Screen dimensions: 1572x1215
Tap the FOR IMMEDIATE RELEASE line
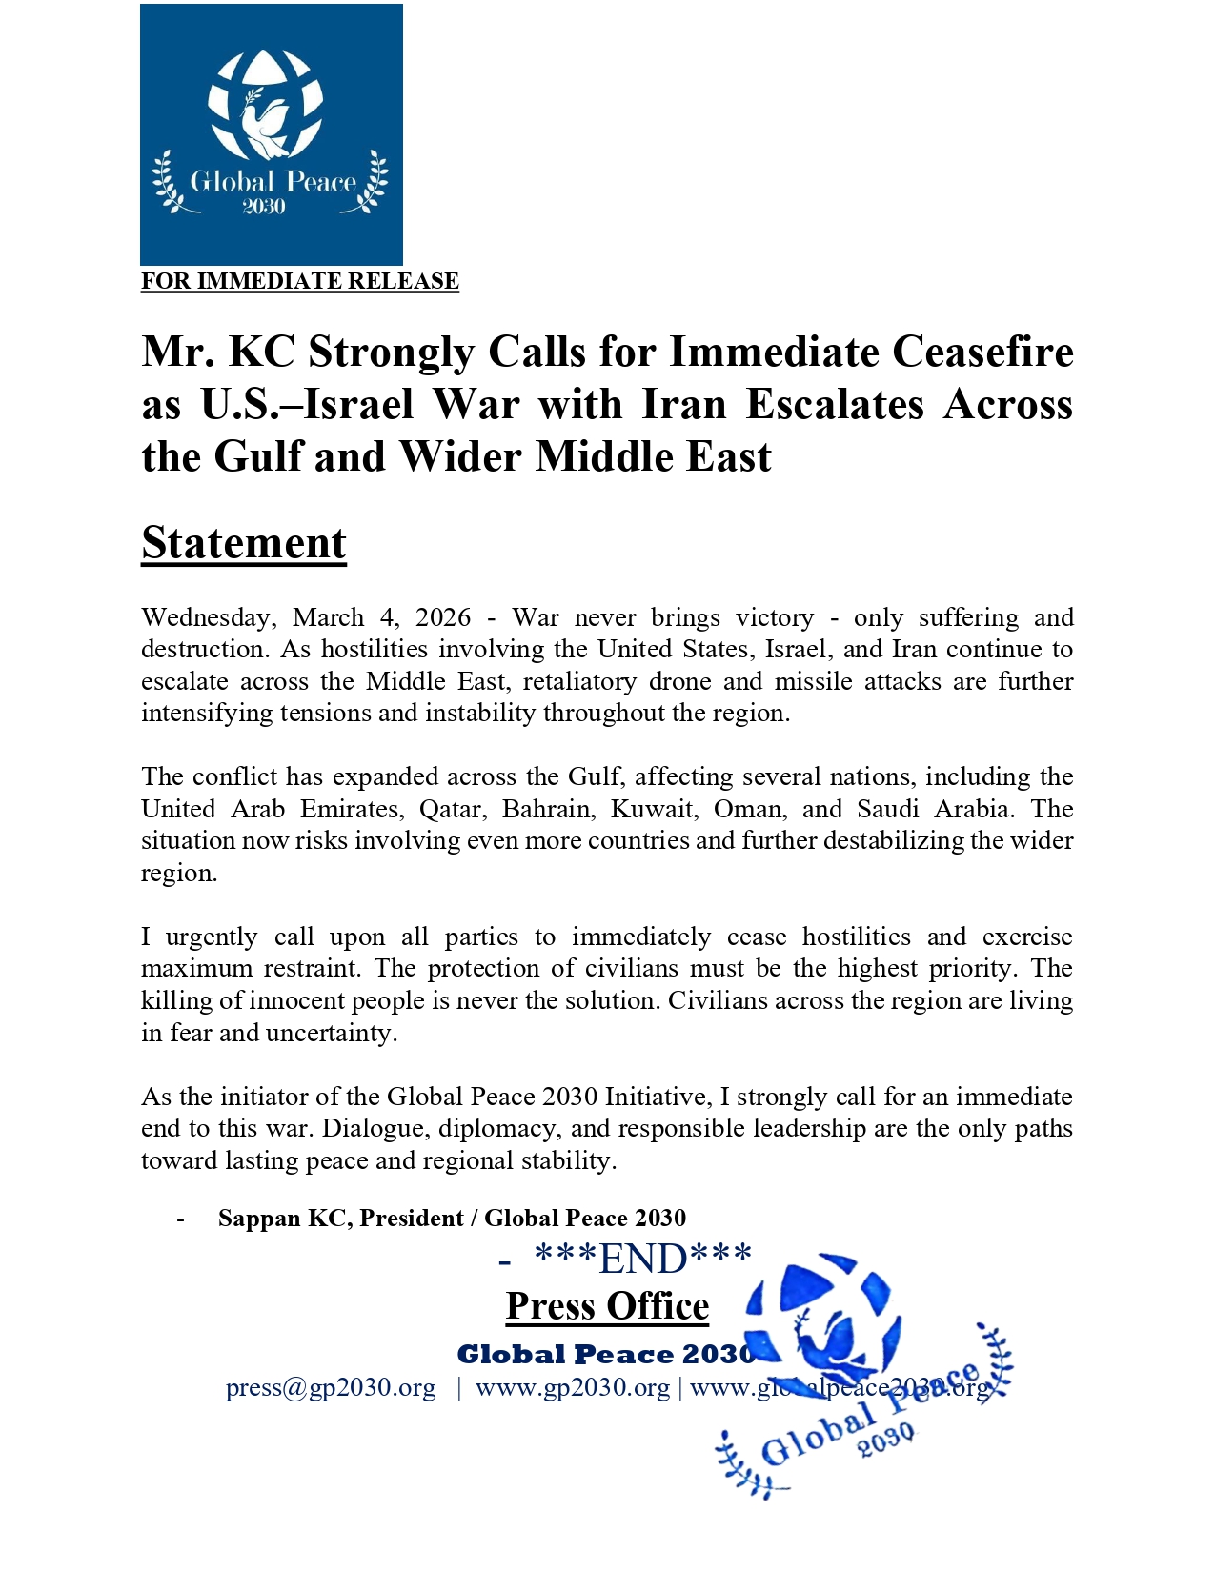pyautogui.click(x=300, y=281)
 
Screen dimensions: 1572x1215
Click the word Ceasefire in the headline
pyautogui.click(x=982, y=352)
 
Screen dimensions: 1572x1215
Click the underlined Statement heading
pyautogui.click(x=244, y=543)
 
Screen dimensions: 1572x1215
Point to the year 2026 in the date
pyautogui.click(x=443, y=617)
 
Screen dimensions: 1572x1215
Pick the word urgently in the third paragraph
pyautogui.click(x=212, y=937)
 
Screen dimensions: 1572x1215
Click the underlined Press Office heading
pyautogui.click(x=607, y=1306)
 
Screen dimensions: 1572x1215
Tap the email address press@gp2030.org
pyautogui.click(x=331, y=1387)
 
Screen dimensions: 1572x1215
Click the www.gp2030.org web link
pyautogui.click(x=573, y=1387)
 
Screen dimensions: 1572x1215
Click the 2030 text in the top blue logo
pyautogui.click(x=264, y=207)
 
